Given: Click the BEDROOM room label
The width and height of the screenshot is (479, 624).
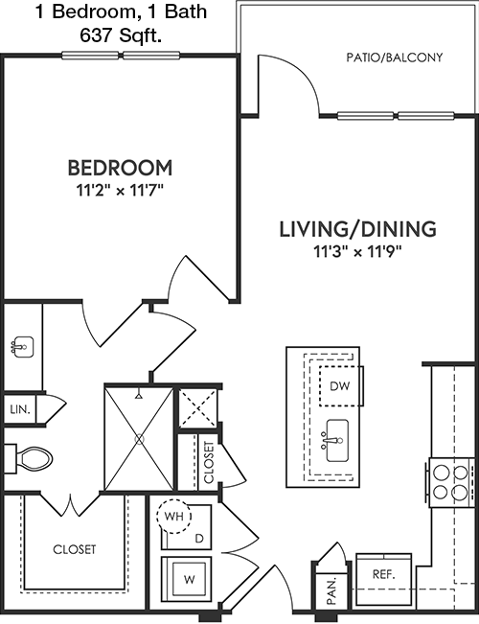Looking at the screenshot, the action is point(120,168).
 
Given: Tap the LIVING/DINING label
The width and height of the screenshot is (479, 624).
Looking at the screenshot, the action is point(358,229).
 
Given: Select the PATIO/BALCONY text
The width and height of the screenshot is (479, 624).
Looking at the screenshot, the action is point(395,58).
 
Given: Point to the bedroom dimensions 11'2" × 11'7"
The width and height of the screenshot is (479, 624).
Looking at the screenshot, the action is point(120,191).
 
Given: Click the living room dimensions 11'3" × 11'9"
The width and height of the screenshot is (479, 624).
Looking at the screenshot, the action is point(358,251).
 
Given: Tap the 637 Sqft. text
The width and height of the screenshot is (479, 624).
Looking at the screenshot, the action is point(121,36).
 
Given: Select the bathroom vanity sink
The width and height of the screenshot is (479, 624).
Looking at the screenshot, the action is point(22,347).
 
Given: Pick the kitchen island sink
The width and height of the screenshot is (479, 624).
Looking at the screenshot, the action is point(336,441).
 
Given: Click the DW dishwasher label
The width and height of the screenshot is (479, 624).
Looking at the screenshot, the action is point(340,385).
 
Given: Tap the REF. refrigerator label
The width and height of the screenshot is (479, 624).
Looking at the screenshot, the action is point(383,574).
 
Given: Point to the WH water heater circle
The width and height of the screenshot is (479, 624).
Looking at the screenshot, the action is point(174,516).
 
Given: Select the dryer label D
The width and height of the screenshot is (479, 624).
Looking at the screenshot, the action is point(199,539).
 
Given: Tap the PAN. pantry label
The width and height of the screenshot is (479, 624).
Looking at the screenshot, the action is point(331,591).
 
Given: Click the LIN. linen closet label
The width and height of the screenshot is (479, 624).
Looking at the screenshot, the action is point(20,409).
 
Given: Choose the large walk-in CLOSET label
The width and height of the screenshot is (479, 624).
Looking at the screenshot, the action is point(75,549).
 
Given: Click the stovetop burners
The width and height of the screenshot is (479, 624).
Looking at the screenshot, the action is point(451,482).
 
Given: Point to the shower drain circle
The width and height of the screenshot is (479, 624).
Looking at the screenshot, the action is point(139,439).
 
